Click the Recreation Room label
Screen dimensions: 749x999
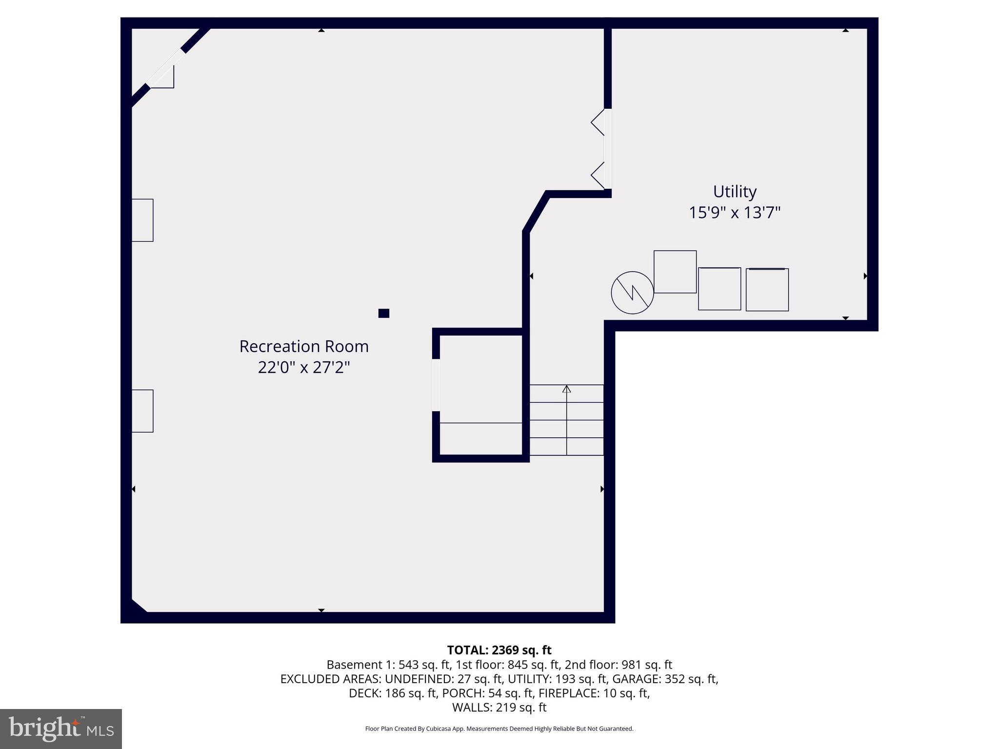pyautogui.click(x=304, y=346)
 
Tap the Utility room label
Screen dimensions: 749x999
pyautogui.click(x=735, y=192)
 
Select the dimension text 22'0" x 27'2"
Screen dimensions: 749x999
pyautogui.click(x=304, y=367)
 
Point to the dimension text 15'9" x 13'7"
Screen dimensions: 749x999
pyautogui.click(x=735, y=213)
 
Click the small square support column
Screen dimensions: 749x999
pyautogui.click(x=384, y=313)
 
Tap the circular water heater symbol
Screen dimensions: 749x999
pyautogui.click(x=632, y=293)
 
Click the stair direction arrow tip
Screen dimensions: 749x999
pyautogui.click(x=566, y=388)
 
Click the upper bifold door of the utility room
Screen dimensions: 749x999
pyautogui.click(x=598, y=122)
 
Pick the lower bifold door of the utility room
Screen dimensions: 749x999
pyautogui.click(x=598, y=175)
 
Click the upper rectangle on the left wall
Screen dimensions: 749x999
pyautogui.click(x=142, y=220)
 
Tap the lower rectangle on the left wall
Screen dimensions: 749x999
pyautogui.click(x=142, y=411)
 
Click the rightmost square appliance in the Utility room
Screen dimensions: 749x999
pyautogui.click(x=767, y=290)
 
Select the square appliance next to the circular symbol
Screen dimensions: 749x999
pyautogui.click(x=675, y=272)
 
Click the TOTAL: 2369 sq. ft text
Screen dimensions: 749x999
pyautogui.click(x=499, y=650)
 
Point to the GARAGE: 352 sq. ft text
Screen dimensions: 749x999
pyautogui.click(x=665, y=679)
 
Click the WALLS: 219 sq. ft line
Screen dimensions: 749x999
pyautogui.click(x=499, y=707)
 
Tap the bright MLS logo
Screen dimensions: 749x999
pyautogui.click(x=61, y=729)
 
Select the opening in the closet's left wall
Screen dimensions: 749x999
pyautogui.click(x=436, y=385)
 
